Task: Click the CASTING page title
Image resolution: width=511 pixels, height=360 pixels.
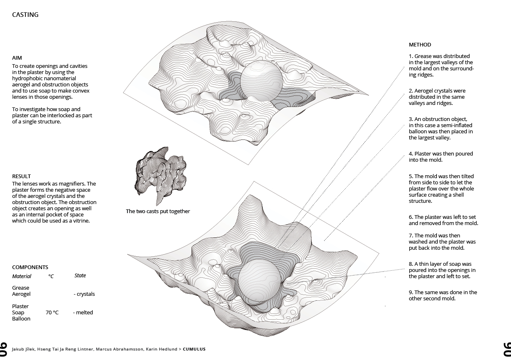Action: pyautogui.click(x=25, y=15)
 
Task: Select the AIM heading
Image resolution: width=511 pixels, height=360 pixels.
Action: pyautogui.click(x=17, y=58)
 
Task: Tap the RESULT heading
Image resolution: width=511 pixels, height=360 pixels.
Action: pyautogui.click(x=21, y=176)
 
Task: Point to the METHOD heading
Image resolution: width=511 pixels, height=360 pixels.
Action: pyautogui.click(x=420, y=45)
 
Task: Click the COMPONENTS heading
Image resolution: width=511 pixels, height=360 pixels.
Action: pyautogui.click(x=30, y=267)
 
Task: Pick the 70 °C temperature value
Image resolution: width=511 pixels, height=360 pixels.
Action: pyautogui.click(x=52, y=313)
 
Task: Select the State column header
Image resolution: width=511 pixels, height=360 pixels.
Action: pyautogui.click(x=80, y=276)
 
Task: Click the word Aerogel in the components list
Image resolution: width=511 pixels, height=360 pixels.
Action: pyautogui.click(x=21, y=294)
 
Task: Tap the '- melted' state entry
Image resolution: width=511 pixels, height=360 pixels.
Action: pyautogui.click(x=83, y=313)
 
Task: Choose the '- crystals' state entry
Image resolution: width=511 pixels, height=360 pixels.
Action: pyautogui.click(x=84, y=294)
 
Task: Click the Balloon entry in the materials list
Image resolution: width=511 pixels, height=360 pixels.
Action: pyautogui.click(x=21, y=319)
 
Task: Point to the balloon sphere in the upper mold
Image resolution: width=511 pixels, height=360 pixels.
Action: pyautogui.click(x=261, y=80)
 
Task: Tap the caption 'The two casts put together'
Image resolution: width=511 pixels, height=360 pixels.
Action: pyautogui.click(x=158, y=211)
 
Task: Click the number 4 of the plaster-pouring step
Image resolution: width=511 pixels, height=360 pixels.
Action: pyautogui.click(x=411, y=154)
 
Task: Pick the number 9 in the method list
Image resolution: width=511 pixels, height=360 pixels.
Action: pyautogui.click(x=411, y=293)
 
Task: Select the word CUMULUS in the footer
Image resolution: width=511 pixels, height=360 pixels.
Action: pyautogui.click(x=194, y=349)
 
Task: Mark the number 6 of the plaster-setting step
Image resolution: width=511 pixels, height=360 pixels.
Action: pyautogui.click(x=411, y=217)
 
